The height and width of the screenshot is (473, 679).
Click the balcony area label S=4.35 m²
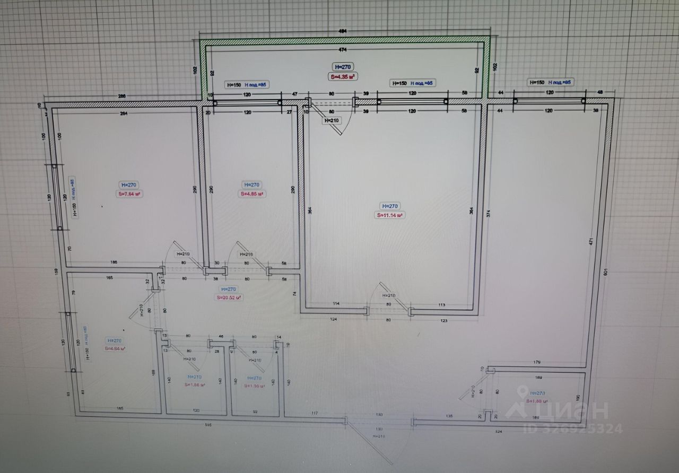pyautogui.click(x=342, y=77)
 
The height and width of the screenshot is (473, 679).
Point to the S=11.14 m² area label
pyautogui.click(x=390, y=215)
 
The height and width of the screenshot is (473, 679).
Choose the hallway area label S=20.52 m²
pyautogui.click(x=229, y=298)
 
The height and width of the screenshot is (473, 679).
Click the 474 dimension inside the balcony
pyautogui.click(x=343, y=50)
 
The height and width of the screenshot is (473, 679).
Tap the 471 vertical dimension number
pyautogui.click(x=591, y=241)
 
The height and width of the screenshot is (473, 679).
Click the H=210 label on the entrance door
pyautogui.click(x=379, y=436)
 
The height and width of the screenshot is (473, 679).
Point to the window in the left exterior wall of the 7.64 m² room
pyautogui.click(x=57, y=197)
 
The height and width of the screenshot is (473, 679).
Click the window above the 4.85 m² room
pyautogui.click(x=247, y=101)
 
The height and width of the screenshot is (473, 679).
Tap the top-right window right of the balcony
pyautogui.click(x=549, y=100)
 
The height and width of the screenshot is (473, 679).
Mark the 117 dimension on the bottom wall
pyautogui.click(x=314, y=414)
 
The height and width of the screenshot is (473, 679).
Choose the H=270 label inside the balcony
pyautogui.click(x=342, y=67)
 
